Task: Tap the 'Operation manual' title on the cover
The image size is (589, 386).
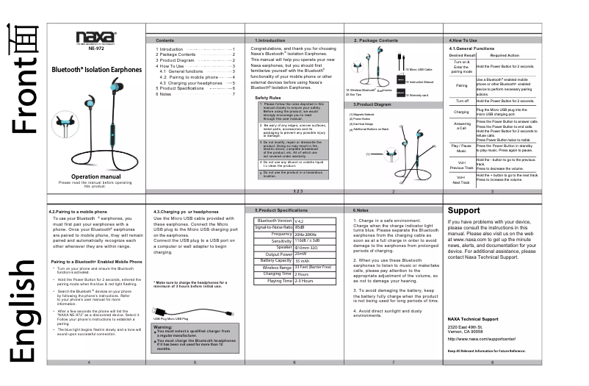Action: coord(95,176)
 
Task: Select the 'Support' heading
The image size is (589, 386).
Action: coord(463,211)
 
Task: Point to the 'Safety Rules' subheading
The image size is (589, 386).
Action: coord(267,97)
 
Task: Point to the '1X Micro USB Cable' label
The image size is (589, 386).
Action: coord(419,69)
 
